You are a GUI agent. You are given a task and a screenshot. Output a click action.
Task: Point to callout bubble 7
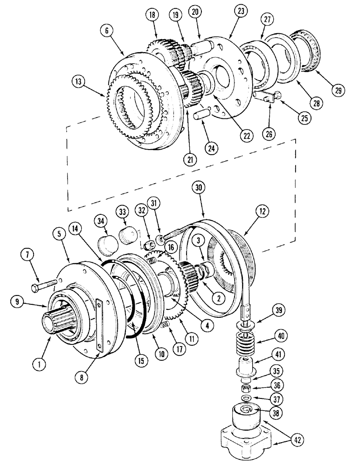click(26, 255)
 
